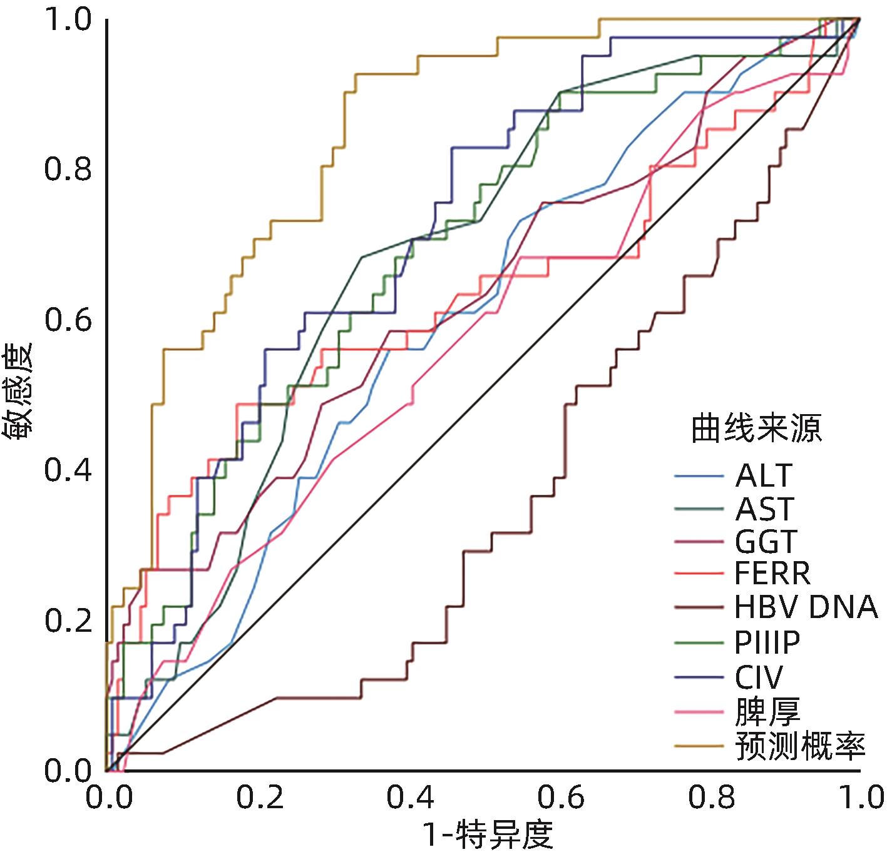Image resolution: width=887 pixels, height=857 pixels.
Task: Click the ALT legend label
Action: tap(764, 476)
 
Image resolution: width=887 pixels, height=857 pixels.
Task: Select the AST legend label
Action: tap(764, 509)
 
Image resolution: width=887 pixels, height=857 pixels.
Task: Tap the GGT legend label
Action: tap(767, 542)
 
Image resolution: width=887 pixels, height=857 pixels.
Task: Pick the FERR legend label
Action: tap(772, 573)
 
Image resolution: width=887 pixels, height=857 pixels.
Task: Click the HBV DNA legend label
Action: tap(806, 607)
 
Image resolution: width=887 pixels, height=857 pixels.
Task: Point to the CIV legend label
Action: tap(759, 676)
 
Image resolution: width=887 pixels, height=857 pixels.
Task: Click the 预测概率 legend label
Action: tap(801, 745)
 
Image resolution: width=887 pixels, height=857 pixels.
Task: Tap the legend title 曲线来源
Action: tap(756, 429)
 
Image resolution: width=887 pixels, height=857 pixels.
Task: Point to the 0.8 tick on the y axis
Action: tap(68, 170)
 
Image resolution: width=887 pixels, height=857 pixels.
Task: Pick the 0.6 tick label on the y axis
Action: tap(68, 320)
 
